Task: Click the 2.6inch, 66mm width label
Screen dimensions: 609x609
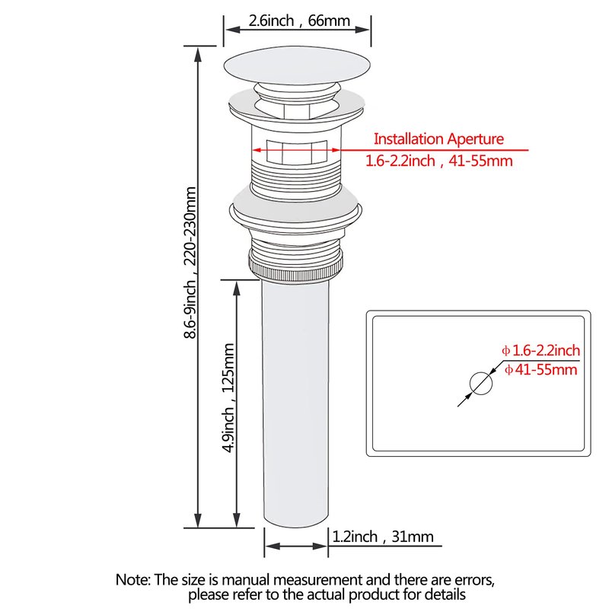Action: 299,21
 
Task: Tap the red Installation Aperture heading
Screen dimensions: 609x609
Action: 438,139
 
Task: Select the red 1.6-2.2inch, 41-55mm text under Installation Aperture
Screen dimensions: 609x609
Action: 439,161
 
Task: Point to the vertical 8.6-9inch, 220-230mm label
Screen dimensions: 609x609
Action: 190,263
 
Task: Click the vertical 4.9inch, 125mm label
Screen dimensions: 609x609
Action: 228,398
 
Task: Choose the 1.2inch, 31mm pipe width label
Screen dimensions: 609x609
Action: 383,537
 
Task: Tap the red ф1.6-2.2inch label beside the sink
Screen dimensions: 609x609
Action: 540,350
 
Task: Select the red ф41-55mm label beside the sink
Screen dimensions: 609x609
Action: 540,369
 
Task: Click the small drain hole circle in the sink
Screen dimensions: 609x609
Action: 481,384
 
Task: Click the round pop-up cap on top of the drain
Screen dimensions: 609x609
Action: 297,65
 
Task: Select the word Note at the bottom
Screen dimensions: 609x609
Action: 132,579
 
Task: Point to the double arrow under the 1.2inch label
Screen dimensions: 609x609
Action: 296,546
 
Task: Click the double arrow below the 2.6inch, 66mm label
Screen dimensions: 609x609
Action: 297,30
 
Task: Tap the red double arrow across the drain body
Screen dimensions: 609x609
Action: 297,150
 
